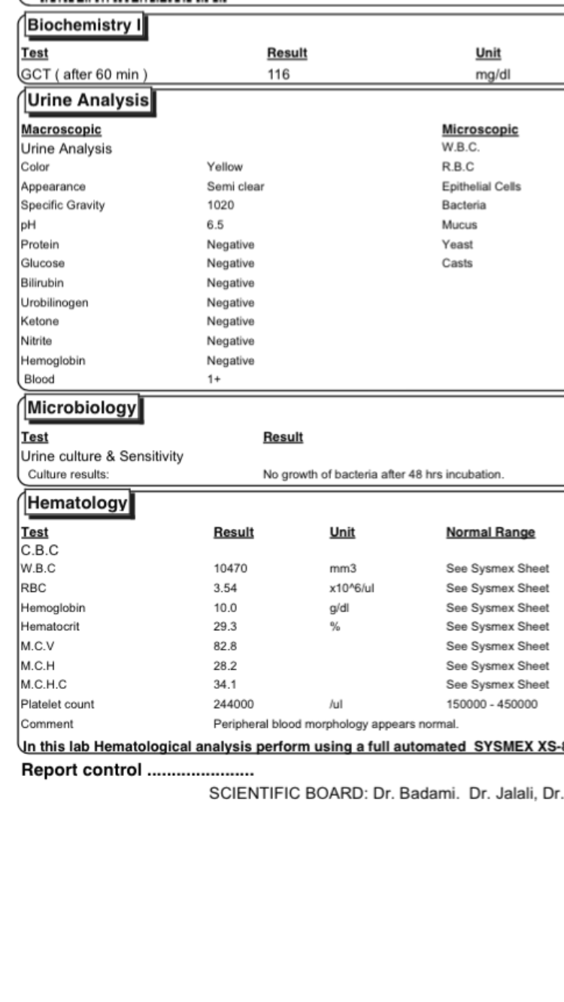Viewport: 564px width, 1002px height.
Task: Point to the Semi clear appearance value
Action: (232, 186)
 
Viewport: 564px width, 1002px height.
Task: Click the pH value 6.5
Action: (215, 225)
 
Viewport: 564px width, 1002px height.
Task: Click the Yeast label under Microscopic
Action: (454, 244)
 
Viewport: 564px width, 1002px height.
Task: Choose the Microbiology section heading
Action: (81, 409)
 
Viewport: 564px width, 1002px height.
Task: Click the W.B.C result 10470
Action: (229, 569)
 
